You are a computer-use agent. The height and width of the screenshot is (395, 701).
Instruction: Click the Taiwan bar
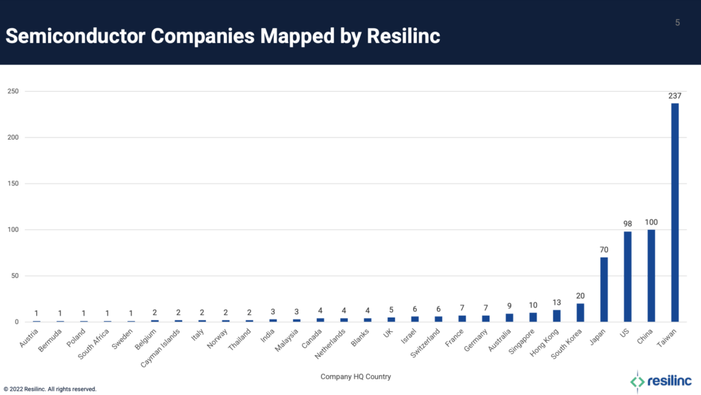[674, 212]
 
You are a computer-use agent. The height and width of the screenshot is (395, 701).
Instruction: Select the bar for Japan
[604, 289]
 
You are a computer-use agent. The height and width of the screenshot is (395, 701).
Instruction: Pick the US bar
[627, 277]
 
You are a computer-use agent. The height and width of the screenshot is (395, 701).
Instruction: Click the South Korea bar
[581, 312]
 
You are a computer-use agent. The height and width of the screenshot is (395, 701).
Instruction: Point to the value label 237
[674, 96]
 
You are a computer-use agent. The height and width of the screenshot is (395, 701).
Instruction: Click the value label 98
[627, 224]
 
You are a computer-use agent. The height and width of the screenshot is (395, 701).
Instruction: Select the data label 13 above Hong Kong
[557, 303]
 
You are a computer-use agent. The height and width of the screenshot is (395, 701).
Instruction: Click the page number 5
[677, 23]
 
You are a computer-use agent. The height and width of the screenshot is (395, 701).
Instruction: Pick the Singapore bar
[533, 317]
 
